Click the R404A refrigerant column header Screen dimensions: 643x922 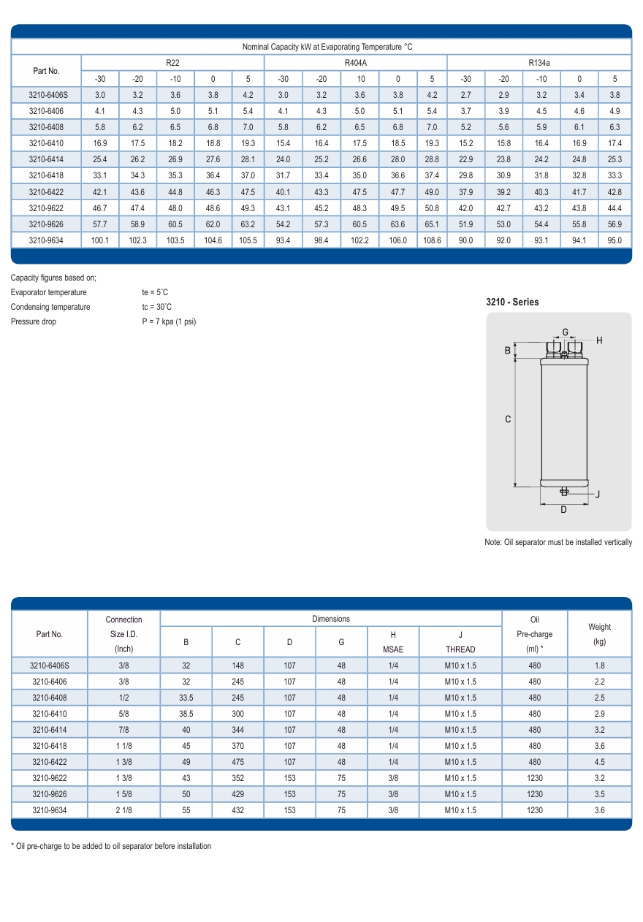[355, 63]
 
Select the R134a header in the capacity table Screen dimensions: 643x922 [539, 63]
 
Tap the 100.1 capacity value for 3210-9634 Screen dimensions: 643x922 [99, 240]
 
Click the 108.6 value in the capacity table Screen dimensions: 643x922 [432, 240]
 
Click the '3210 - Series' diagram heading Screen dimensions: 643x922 [512, 302]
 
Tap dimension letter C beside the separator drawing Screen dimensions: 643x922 [508, 419]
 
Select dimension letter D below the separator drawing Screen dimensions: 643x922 [563, 509]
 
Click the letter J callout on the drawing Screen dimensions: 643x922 [597, 494]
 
